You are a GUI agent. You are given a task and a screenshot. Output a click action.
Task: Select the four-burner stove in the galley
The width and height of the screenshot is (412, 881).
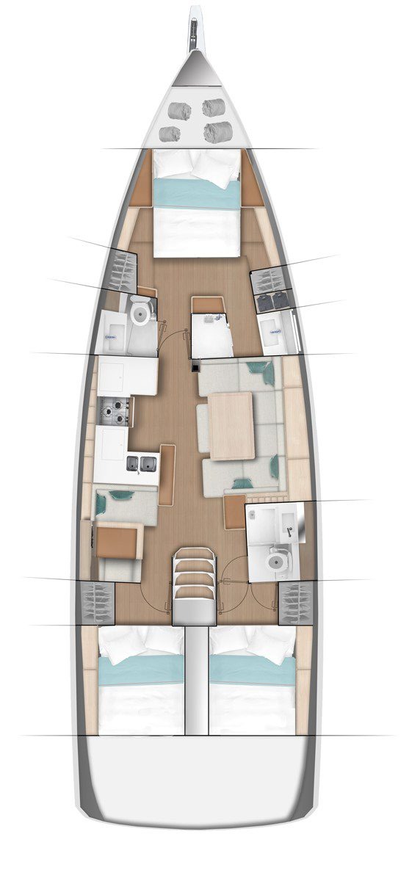click(x=114, y=412)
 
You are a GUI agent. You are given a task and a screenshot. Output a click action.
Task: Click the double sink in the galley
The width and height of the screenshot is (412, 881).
click(x=142, y=463)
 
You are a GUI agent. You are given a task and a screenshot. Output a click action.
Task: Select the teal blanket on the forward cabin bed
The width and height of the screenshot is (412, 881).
click(x=196, y=195)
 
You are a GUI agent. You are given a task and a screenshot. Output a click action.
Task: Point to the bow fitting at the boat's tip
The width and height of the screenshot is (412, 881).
click(x=195, y=29)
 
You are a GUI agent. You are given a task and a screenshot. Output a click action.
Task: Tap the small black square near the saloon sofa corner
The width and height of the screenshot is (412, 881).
click(x=196, y=366)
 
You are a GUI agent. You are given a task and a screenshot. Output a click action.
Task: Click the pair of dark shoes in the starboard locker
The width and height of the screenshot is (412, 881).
click(x=272, y=300)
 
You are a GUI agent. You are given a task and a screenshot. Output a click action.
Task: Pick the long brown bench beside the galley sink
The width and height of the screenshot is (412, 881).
click(x=167, y=473)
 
